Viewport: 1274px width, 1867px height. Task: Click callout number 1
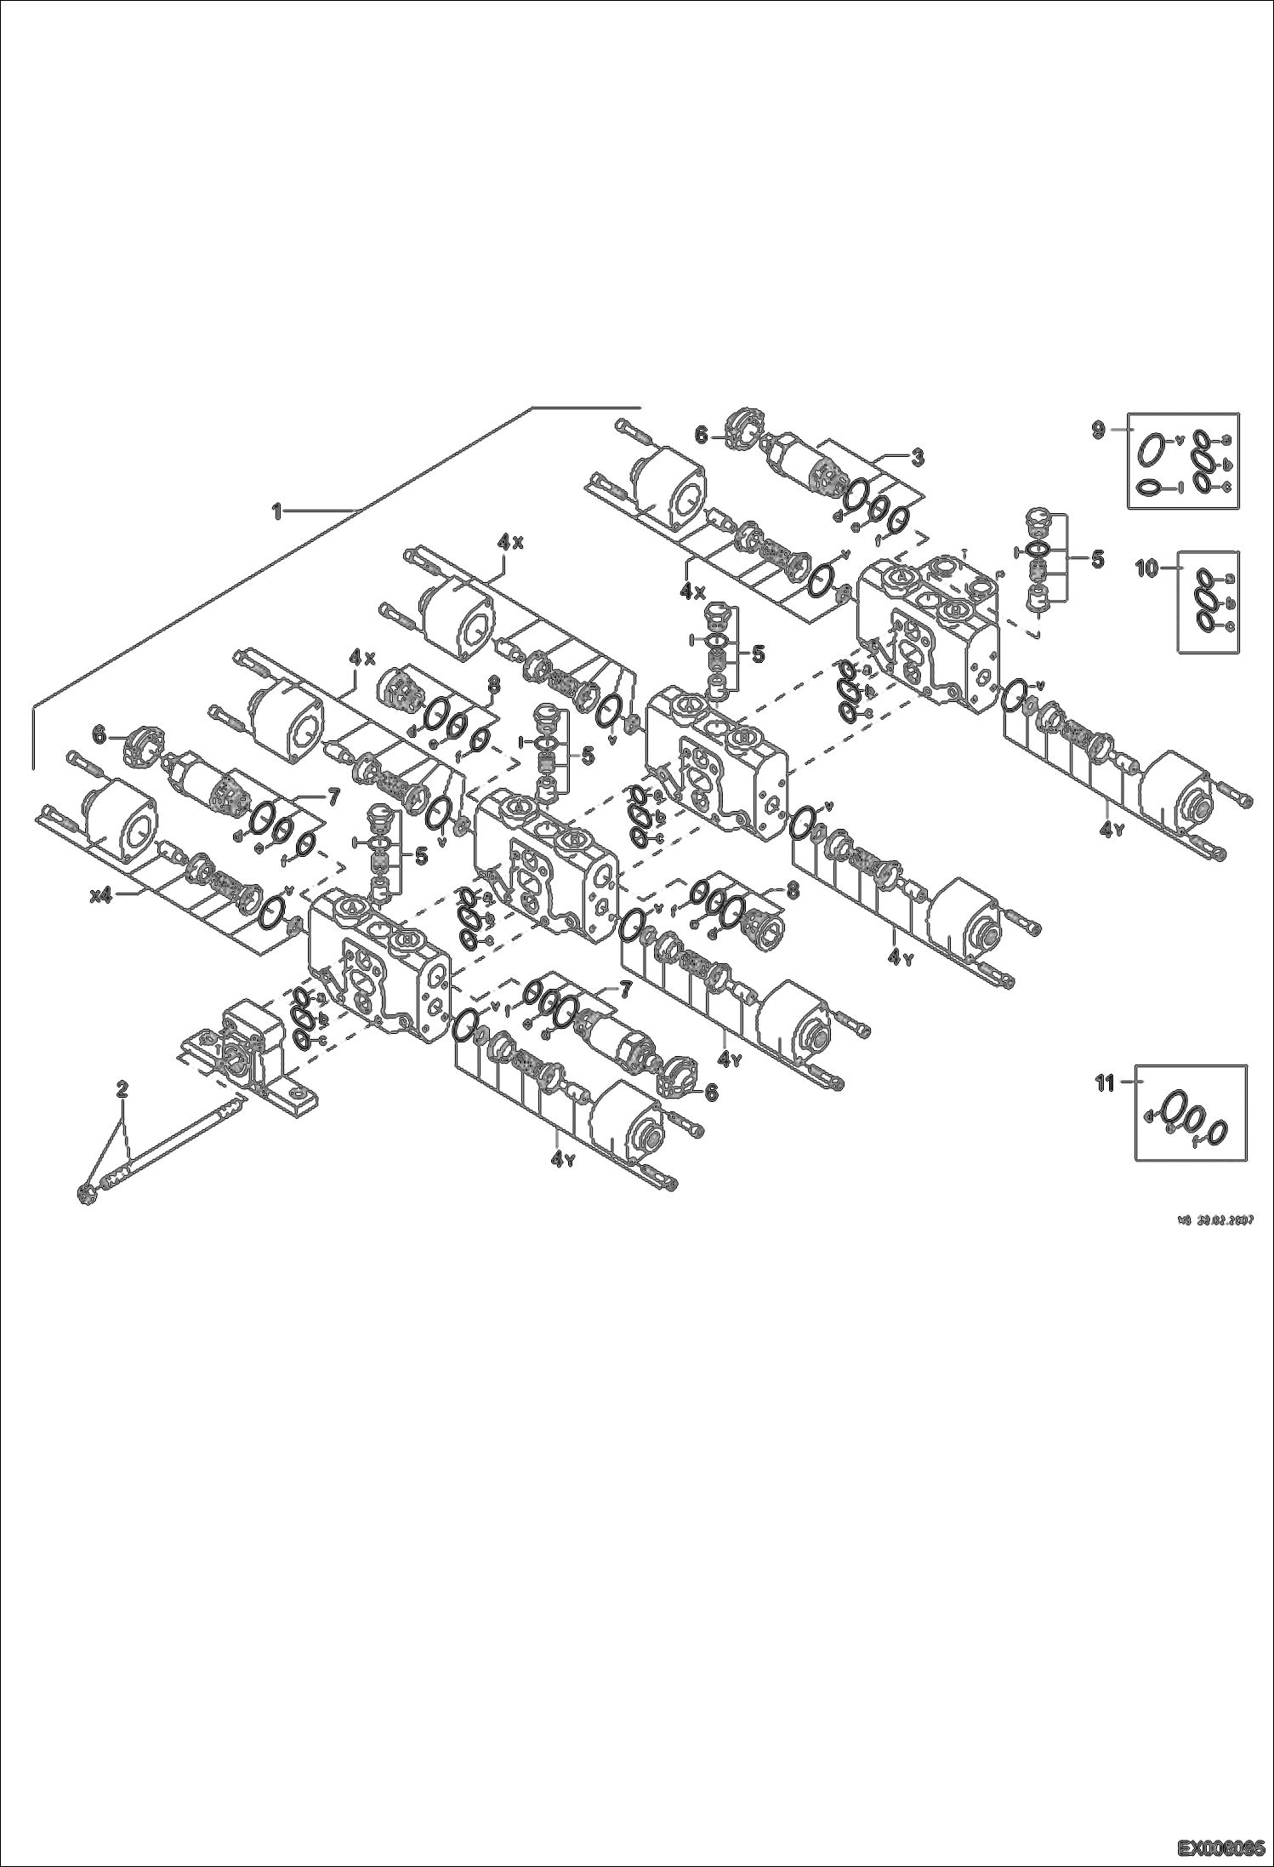coord(276,511)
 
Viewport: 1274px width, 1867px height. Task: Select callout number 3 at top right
coord(917,458)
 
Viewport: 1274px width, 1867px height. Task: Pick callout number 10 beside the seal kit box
coord(1148,569)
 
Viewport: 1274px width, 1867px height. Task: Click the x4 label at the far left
coord(102,895)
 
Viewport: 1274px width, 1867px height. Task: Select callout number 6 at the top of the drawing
coord(702,435)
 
